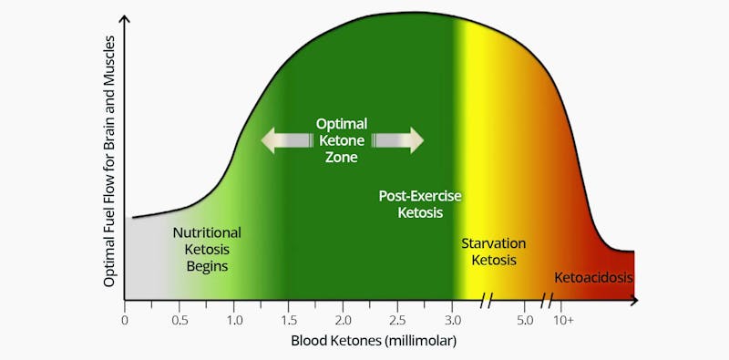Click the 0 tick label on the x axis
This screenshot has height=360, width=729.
point(125,320)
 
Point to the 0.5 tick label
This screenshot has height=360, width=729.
point(180,320)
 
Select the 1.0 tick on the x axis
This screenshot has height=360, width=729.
point(234,320)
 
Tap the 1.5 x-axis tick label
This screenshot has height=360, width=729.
point(289,320)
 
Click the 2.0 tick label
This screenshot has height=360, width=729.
point(344,320)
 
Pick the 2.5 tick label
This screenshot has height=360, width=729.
point(398,320)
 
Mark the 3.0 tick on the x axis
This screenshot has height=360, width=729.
point(453,320)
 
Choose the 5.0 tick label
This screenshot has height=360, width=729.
point(526,320)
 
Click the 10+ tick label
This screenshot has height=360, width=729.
point(564,320)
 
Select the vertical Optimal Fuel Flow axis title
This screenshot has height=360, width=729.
point(109,161)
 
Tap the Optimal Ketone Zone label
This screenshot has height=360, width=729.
point(342,140)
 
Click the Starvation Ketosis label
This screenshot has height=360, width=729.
point(493,252)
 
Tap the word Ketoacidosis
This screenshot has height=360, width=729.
point(593,277)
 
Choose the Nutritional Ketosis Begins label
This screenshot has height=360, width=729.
point(207,249)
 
